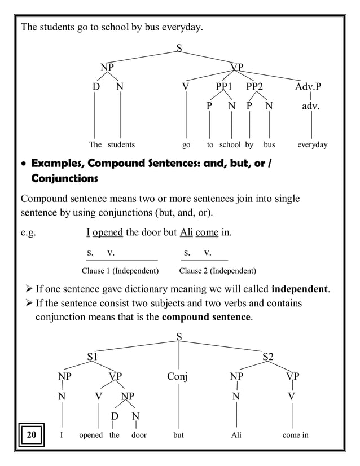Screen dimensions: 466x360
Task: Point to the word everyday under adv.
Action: tap(312, 145)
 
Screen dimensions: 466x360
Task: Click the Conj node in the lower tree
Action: tap(178, 376)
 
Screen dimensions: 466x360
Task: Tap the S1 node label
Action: tap(93, 357)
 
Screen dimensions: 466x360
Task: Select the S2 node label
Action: tap(268, 357)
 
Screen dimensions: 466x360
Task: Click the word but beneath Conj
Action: tap(178, 436)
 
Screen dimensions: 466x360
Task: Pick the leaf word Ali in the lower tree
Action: tap(236, 436)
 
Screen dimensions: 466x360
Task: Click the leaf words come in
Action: tap(291, 436)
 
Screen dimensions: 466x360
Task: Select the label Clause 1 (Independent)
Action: tap(120, 271)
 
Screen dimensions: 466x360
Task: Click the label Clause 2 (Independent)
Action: tap(217, 271)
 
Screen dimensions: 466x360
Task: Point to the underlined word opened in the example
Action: tap(107, 233)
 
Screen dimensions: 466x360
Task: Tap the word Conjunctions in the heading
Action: tap(65, 179)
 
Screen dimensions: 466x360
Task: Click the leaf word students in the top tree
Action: tap(121, 145)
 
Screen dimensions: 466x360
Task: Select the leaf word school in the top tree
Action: tap(230, 145)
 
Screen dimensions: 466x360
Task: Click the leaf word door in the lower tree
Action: tap(138, 436)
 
